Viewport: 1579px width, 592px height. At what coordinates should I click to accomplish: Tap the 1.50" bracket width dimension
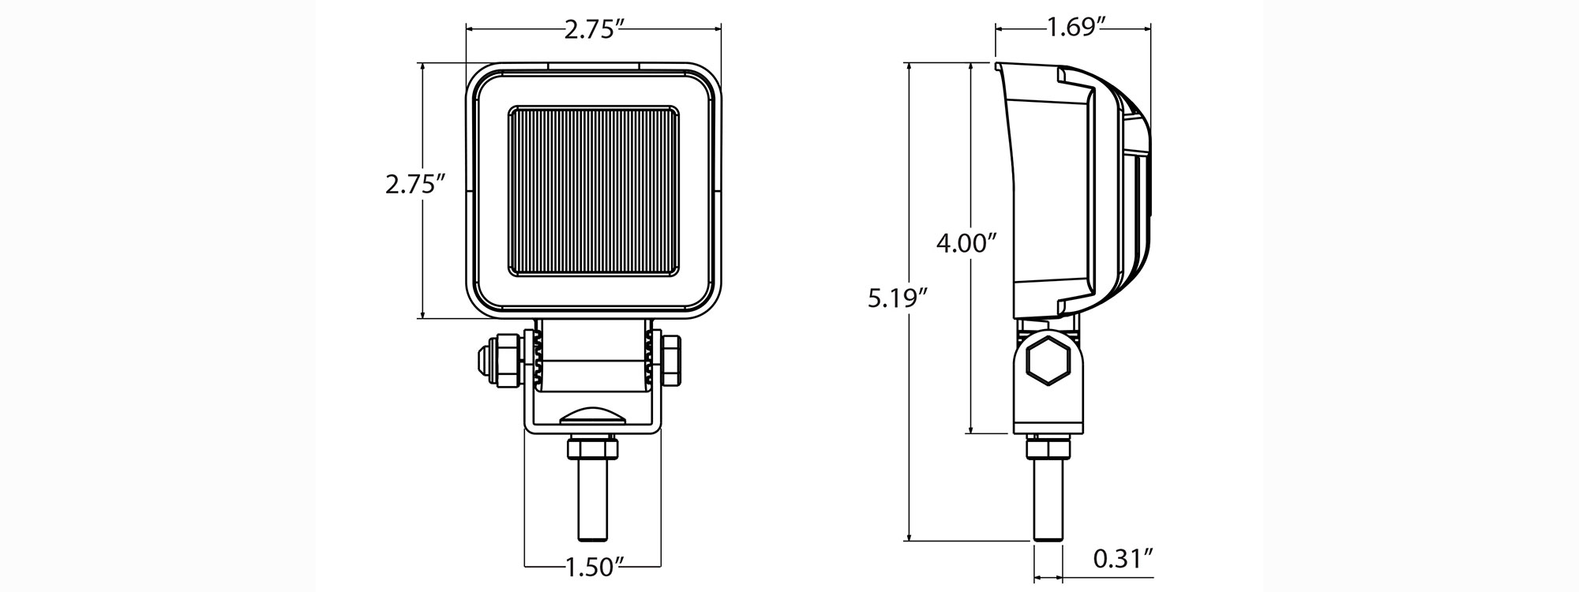[592, 565]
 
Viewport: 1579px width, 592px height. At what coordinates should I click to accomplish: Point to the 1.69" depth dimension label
[1075, 29]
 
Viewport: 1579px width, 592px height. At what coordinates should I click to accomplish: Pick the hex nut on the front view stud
[592, 450]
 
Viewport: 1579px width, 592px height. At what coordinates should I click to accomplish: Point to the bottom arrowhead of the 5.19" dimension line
[910, 536]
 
